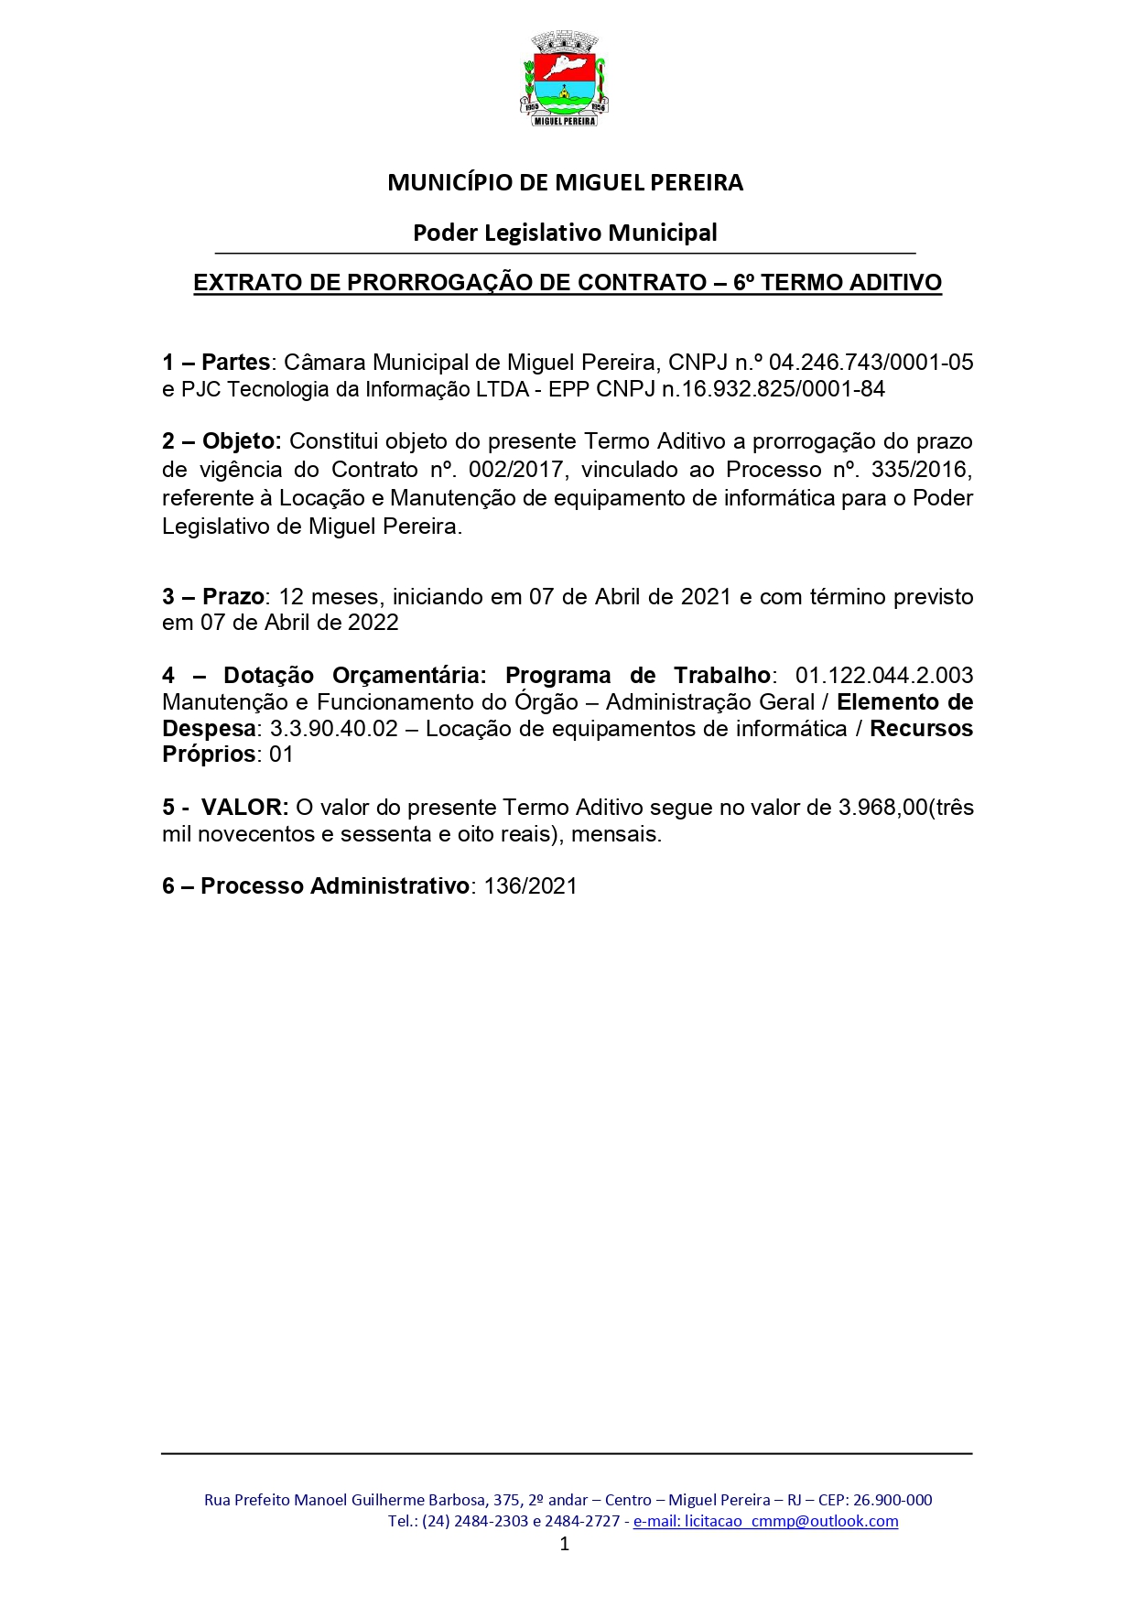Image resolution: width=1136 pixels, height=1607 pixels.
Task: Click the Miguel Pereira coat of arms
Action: pyautogui.click(x=565, y=79)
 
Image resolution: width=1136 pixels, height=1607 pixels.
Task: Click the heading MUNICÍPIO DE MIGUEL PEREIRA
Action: pyautogui.click(x=565, y=183)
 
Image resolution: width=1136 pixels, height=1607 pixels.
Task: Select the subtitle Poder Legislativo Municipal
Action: pyautogui.click(x=565, y=233)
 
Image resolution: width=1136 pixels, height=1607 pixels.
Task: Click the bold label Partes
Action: pyautogui.click(x=235, y=363)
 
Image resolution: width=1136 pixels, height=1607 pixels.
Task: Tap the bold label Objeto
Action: pyautogui.click(x=241, y=441)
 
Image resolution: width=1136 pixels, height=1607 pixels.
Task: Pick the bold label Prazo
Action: pyautogui.click(x=233, y=597)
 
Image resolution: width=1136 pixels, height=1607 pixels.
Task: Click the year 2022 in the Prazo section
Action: pyautogui.click(x=373, y=623)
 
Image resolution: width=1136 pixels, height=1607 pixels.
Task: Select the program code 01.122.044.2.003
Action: pyautogui.click(x=883, y=676)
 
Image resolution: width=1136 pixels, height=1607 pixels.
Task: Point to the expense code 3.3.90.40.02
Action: pyautogui.click(x=334, y=729)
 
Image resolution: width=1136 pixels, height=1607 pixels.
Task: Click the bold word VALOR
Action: pyautogui.click(x=244, y=808)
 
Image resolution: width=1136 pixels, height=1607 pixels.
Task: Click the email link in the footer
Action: pyautogui.click(x=765, y=1521)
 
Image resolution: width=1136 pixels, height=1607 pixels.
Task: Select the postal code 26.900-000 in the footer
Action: pyautogui.click(x=893, y=1500)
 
